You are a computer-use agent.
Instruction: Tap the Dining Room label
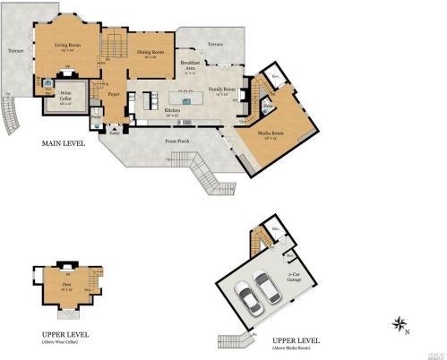pyautogui.click(x=150, y=52)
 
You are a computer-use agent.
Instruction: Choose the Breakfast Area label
pyautogui.click(x=188, y=64)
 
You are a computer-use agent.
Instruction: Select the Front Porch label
pyautogui.click(x=176, y=141)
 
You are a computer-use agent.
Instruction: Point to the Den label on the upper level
pyautogui.click(x=66, y=285)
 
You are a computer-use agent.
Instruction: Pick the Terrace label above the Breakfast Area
pyautogui.click(x=216, y=42)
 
